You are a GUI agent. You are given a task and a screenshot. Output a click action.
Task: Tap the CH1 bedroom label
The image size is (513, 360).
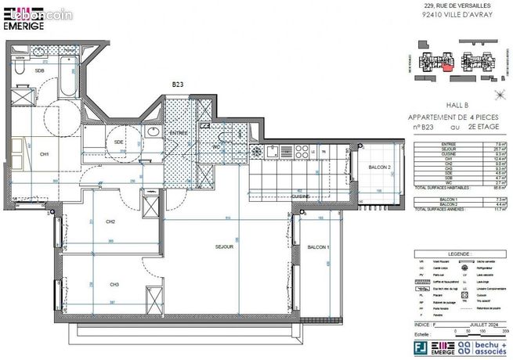pos(45,155)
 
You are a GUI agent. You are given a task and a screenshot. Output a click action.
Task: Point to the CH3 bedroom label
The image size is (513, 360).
pos(114,283)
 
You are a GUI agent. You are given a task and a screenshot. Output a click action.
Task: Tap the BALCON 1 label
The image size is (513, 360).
pos(317,247)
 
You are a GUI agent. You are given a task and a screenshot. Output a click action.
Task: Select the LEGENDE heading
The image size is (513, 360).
pos(456,254)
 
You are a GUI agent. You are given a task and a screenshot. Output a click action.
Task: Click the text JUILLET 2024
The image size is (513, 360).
pos(472,322)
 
